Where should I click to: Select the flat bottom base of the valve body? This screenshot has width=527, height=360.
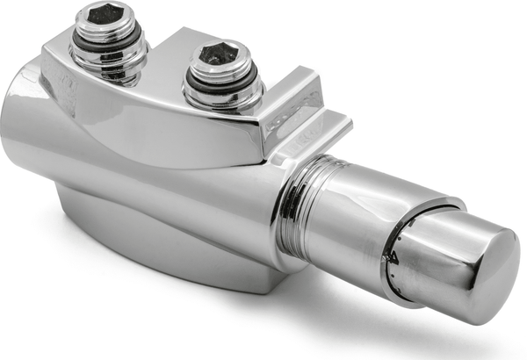tap(176, 263)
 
